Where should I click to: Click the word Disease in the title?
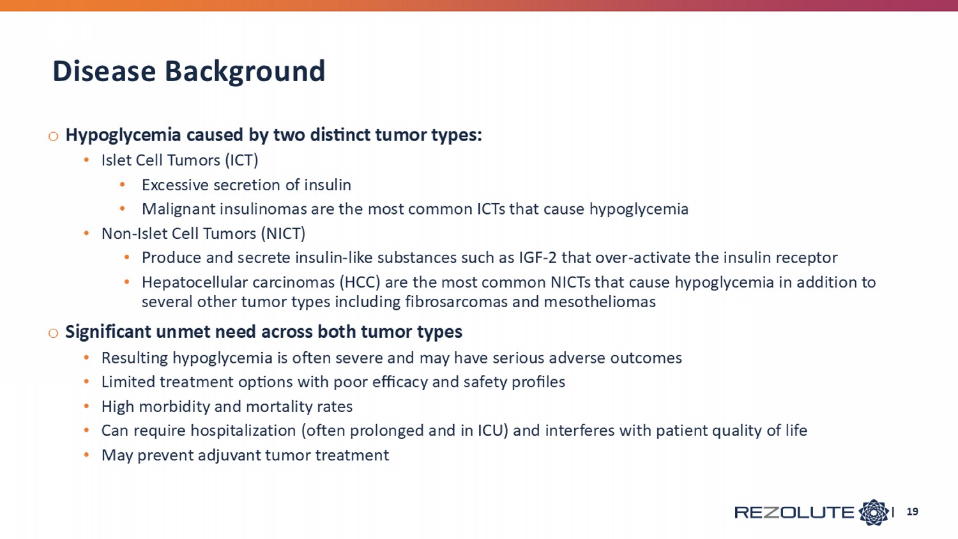tap(104, 71)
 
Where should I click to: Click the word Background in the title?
tap(245, 72)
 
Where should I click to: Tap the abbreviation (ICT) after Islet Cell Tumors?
tap(241, 160)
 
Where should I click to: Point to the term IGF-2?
tap(538, 257)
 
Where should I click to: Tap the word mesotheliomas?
tap(600, 301)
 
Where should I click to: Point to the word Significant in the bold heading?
tap(108, 332)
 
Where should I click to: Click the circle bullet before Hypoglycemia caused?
tap(54, 137)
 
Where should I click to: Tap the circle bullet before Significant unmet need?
tap(54, 333)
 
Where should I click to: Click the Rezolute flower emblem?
tap(873, 512)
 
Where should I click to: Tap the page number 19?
tap(912, 512)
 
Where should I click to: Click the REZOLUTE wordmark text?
tap(795, 512)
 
